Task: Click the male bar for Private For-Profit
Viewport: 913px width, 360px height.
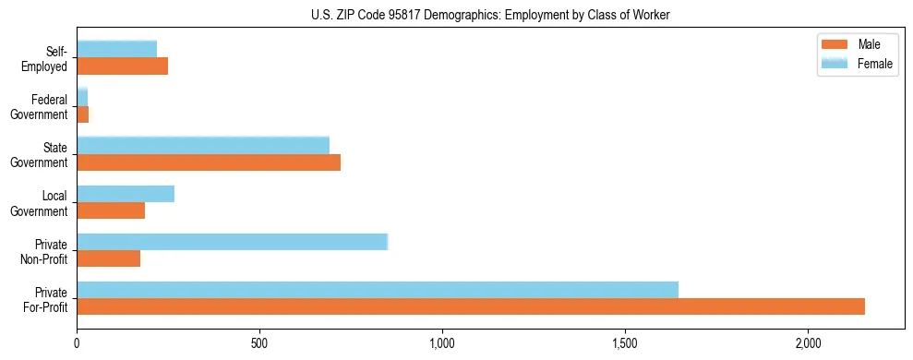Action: (x=471, y=306)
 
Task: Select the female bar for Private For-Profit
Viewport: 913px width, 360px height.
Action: (x=378, y=290)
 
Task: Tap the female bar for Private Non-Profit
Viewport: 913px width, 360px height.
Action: (x=233, y=242)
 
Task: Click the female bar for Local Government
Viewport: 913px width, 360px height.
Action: (x=126, y=194)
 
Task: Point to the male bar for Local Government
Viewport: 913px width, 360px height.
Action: (x=111, y=210)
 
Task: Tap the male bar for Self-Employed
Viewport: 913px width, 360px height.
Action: (x=123, y=66)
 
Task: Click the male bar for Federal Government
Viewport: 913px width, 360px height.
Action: (x=83, y=114)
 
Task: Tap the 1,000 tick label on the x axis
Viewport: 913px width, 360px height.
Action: (x=442, y=342)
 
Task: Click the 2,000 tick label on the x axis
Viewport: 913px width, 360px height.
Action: (x=808, y=342)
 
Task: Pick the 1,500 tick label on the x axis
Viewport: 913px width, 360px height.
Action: (x=625, y=342)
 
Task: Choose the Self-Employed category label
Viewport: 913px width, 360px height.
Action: (x=48, y=59)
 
